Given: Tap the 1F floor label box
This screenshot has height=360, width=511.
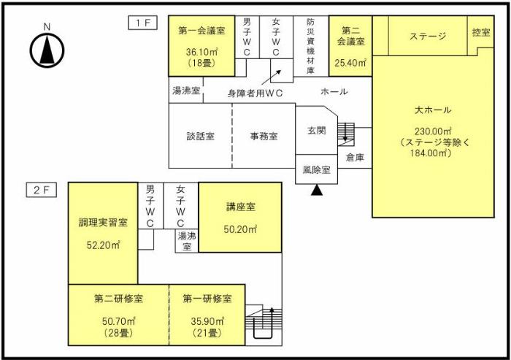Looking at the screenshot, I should [x=142, y=23].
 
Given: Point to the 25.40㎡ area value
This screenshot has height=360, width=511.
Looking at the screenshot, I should [x=350, y=63].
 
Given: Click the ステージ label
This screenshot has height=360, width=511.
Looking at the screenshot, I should [x=427, y=36].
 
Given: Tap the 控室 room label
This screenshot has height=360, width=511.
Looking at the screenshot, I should [x=480, y=33].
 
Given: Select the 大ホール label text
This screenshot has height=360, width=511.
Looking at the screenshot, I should [x=432, y=110].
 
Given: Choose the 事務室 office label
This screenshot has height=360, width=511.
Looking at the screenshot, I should [x=264, y=136].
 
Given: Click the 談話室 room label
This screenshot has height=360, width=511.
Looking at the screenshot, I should [x=200, y=136].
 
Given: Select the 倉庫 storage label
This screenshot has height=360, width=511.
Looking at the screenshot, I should [x=355, y=157].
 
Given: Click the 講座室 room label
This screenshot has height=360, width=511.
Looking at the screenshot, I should [x=240, y=207].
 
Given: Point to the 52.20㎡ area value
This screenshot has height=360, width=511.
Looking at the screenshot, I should [x=103, y=245].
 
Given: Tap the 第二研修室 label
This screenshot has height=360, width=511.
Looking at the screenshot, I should [x=118, y=299].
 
